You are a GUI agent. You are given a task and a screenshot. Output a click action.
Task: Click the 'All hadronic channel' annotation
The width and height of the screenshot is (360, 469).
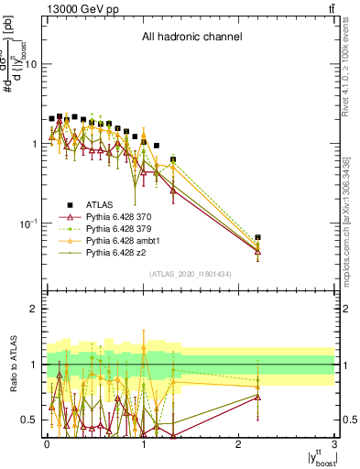coord(191,38)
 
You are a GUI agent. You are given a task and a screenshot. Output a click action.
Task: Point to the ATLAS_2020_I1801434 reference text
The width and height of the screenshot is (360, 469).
coord(191,274)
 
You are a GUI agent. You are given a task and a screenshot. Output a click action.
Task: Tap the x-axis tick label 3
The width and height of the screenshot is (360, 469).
coord(335,442)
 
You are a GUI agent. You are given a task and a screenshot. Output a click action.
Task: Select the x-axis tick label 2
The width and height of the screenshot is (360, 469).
coord(239,442)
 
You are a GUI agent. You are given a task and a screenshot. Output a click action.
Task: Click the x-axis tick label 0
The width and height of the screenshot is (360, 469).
coord(47,442)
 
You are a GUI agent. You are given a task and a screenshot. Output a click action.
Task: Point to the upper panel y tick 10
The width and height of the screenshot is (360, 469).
coord(31,64)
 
